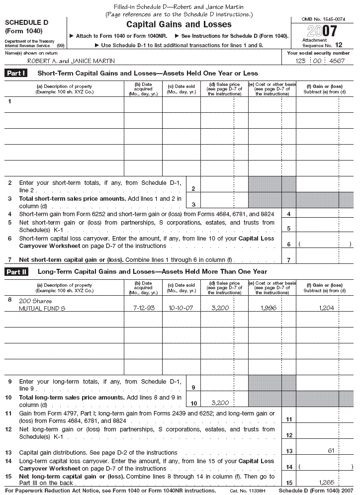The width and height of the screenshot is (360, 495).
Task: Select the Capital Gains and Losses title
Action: tap(179, 24)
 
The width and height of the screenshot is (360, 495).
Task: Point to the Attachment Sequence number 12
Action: tap(339, 45)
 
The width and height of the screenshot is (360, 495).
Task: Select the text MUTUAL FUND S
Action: tap(42, 309)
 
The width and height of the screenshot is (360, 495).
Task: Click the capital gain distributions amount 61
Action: tap(331, 450)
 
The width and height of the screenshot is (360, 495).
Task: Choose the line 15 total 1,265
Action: tap(327, 482)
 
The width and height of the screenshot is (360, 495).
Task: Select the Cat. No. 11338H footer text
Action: tap(248, 491)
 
